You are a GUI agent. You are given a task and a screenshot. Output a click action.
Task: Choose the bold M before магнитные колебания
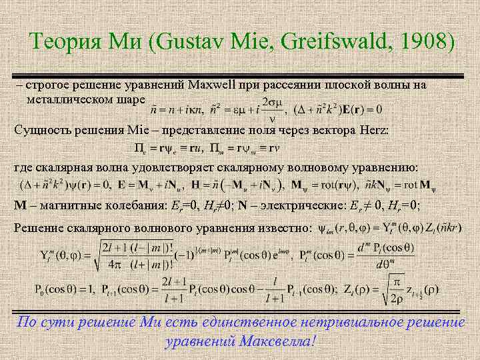19,204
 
